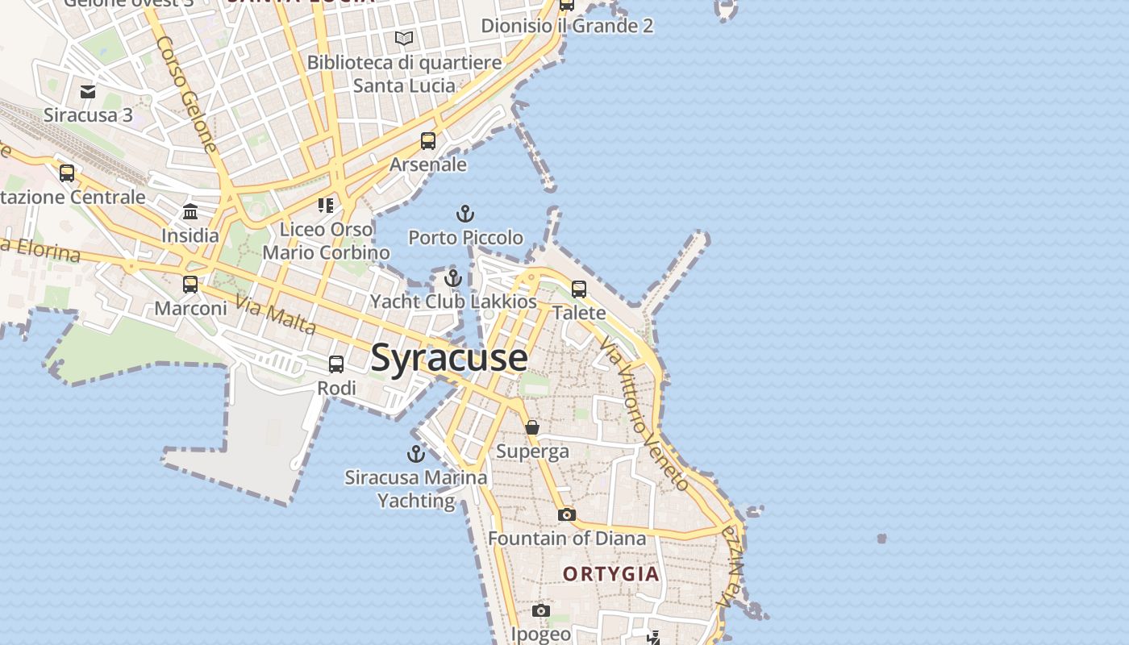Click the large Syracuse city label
(x=449, y=358)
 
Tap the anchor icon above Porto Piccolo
(x=465, y=214)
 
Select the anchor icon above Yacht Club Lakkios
(x=453, y=279)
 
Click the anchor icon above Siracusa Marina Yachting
(x=416, y=454)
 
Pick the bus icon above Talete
(x=579, y=289)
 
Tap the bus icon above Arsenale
(x=428, y=141)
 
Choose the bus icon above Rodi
(x=336, y=364)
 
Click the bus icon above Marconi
(x=190, y=285)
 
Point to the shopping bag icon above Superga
(x=532, y=427)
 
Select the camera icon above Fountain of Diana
(x=567, y=514)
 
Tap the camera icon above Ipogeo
(x=541, y=611)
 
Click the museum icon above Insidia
(x=190, y=212)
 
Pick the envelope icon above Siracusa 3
(x=88, y=92)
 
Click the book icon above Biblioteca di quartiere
(x=404, y=38)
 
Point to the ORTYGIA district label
(x=611, y=574)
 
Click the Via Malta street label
(x=276, y=315)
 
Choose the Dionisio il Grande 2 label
(x=567, y=26)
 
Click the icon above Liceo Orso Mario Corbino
(x=326, y=206)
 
